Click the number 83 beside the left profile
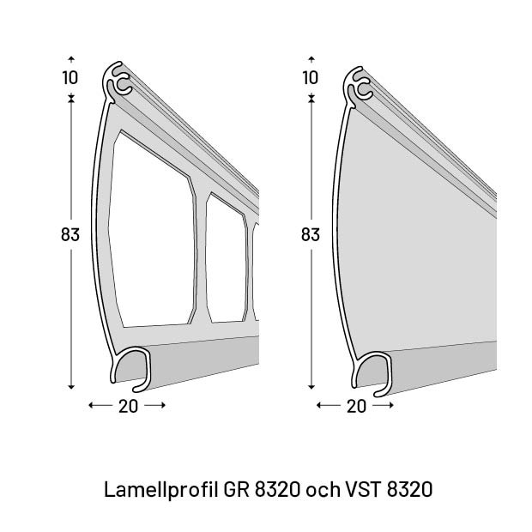point(70,233)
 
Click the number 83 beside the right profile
point(311,233)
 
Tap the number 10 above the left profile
point(70,77)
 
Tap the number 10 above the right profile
point(311,77)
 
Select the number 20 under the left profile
point(128,407)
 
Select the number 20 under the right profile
point(356,407)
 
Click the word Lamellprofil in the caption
point(160,490)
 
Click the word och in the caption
point(322,490)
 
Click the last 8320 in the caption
point(410,490)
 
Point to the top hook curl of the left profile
point(120,84)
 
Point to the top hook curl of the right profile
point(360,84)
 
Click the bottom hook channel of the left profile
point(132,365)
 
